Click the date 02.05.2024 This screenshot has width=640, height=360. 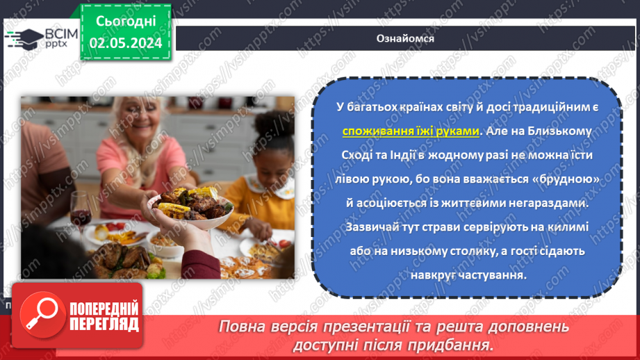tap(126, 43)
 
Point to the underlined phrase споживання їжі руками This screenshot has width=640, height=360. tap(411, 131)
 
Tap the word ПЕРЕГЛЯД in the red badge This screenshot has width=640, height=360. tap(104, 325)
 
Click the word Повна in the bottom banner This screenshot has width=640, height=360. tap(243, 327)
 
